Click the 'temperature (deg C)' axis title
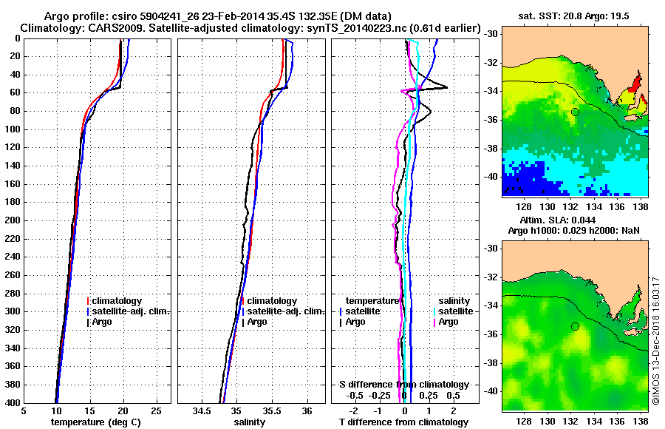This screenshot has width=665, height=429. tap(95, 422)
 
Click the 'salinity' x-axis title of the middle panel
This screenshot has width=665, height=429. tap(249, 422)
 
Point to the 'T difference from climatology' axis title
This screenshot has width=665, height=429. tap(403, 422)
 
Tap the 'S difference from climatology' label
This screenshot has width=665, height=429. tap(403, 385)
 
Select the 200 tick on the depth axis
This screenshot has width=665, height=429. tap(14, 220)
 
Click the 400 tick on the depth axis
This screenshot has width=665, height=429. tap(14, 403)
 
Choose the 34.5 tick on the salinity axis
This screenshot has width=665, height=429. tap(202, 411)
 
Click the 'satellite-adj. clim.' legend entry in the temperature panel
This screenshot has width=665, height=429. tap(131, 311)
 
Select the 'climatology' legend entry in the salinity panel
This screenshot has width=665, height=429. tap(272, 301)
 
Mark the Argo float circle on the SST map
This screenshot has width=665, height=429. tap(575, 112)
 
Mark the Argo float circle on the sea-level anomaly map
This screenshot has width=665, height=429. tap(575, 326)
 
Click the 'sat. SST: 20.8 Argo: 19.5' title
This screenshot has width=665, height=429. tap(573, 16)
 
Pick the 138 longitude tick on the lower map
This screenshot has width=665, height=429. tap(641, 419)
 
